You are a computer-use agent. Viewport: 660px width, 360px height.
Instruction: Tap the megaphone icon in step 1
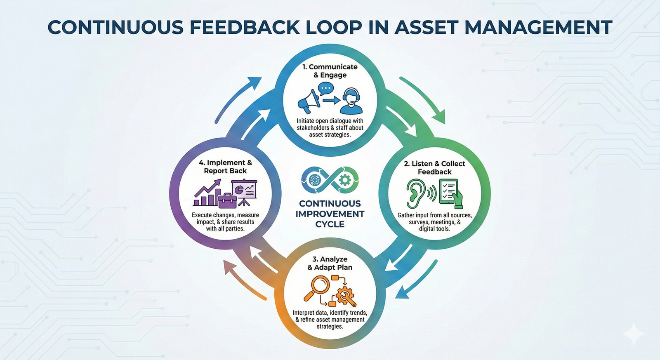coord(309,101)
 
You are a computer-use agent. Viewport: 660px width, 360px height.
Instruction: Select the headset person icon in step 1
coord(351,101)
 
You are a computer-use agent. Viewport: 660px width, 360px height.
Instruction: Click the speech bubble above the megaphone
coord(326,88)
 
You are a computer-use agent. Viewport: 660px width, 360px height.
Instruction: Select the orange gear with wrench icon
coord(345,296)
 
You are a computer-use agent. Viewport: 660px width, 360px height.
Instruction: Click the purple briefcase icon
coord(227,200)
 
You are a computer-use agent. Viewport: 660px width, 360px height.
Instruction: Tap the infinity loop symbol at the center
coord(330,180)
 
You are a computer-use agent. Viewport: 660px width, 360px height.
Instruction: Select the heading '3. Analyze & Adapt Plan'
coord(330,263)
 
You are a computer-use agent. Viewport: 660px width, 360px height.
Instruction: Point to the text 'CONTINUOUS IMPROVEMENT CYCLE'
coord(330,214)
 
